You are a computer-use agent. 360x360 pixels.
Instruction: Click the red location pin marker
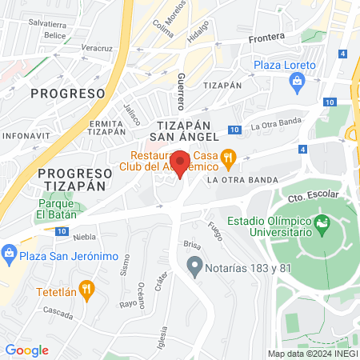[x=181, y=164]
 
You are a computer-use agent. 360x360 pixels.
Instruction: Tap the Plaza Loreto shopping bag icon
[x=298, y=81]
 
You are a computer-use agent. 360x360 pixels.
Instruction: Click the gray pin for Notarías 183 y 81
[x=194, y=266]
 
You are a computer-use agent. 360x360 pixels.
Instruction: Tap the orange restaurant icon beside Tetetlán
[x=88, y=288]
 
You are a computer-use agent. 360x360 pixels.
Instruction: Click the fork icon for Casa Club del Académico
[x=229, y=157]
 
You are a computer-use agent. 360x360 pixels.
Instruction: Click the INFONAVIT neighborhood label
[x=26, y=136]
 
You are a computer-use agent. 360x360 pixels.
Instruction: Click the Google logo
[x=26, y=350]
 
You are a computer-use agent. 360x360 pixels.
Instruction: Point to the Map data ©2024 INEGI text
[x=312, y=354]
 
